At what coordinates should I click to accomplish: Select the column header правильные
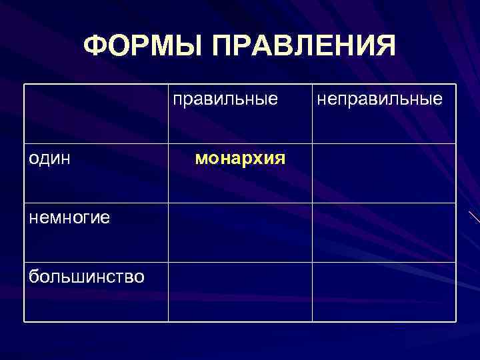225,99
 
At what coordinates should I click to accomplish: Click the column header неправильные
379,99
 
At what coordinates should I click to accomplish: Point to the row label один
51,160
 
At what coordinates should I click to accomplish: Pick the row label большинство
86,275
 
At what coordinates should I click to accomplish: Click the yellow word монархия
240,159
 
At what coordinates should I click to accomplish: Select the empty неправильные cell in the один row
384,173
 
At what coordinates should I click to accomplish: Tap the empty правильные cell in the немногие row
240,232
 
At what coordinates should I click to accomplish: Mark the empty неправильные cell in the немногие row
384,232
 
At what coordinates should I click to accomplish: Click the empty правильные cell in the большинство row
240,291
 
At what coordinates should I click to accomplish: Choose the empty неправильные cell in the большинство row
384,291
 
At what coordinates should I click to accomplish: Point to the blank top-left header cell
96,113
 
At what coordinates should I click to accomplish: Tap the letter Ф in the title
97,46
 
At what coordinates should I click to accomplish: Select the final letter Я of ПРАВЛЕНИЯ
383,46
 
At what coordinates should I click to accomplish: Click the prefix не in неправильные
326,99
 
